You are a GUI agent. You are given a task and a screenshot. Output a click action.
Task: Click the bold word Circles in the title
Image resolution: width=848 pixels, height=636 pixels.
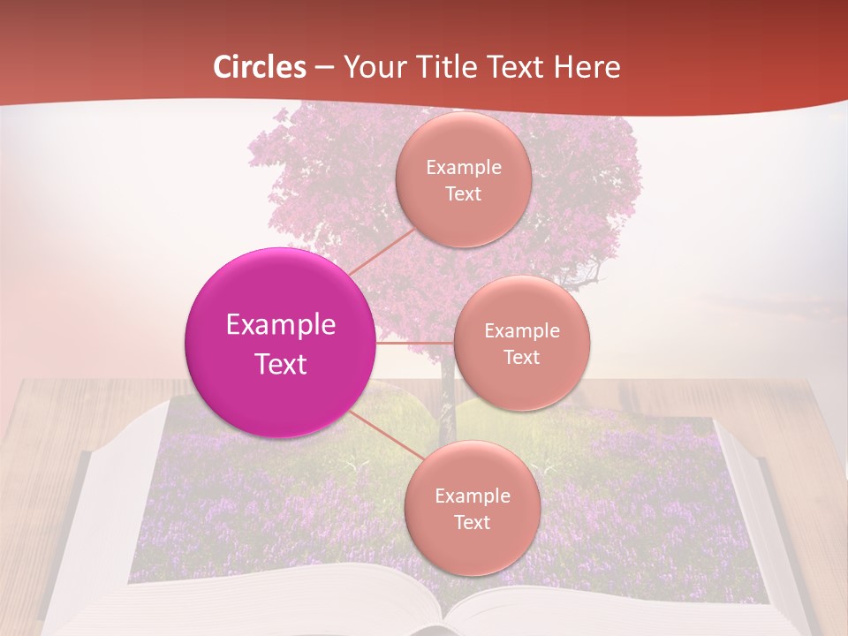pyautogui.click(x=260, y=67)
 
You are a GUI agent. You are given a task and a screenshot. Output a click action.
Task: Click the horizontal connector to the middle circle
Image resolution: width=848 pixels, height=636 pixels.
pyautogui.click(x=415, y=343)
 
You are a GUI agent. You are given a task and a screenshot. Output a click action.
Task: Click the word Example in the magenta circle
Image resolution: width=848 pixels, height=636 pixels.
pyautogui.click(x=281, y=325)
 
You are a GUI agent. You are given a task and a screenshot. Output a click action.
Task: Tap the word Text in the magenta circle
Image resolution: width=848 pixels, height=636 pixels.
pyautogui.click(x=281, y=364)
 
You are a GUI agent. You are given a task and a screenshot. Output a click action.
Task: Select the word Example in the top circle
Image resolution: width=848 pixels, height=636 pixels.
pyautogui.click(x=464, y=168)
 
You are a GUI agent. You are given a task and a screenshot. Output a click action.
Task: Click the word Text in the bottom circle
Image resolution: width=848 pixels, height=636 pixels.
pyautogui.click(x=472, y=522)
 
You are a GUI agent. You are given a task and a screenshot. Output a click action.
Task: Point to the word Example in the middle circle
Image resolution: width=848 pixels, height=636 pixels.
pyautogui.click(x=522, y=331)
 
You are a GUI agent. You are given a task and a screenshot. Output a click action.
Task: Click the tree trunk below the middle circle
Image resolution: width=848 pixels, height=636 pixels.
pyautogui.click(x=447, y=389)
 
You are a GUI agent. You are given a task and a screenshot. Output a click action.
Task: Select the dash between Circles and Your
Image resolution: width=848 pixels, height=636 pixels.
pyautogui.click(x=324, y=67)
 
